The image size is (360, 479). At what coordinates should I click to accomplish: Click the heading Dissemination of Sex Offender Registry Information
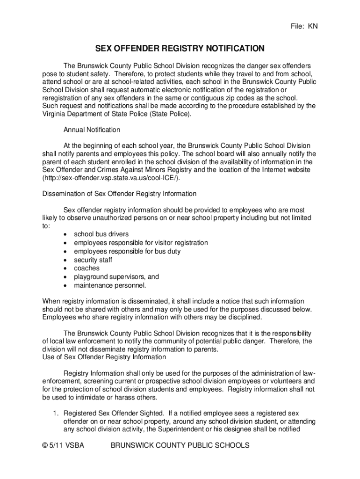119,194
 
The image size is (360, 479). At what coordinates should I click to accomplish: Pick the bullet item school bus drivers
101,234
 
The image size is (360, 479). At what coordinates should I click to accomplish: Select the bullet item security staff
93,260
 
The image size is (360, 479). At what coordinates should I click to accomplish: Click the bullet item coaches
86,268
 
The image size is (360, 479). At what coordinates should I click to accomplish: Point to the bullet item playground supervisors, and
116,276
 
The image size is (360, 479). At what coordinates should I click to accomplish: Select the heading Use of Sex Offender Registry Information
104,357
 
